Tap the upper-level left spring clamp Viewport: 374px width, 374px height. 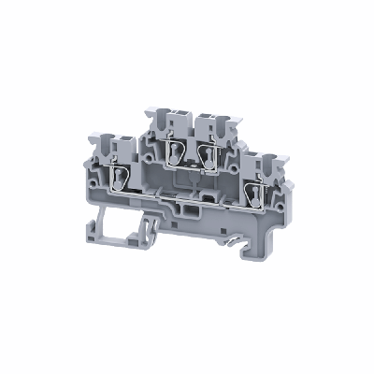174,151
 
